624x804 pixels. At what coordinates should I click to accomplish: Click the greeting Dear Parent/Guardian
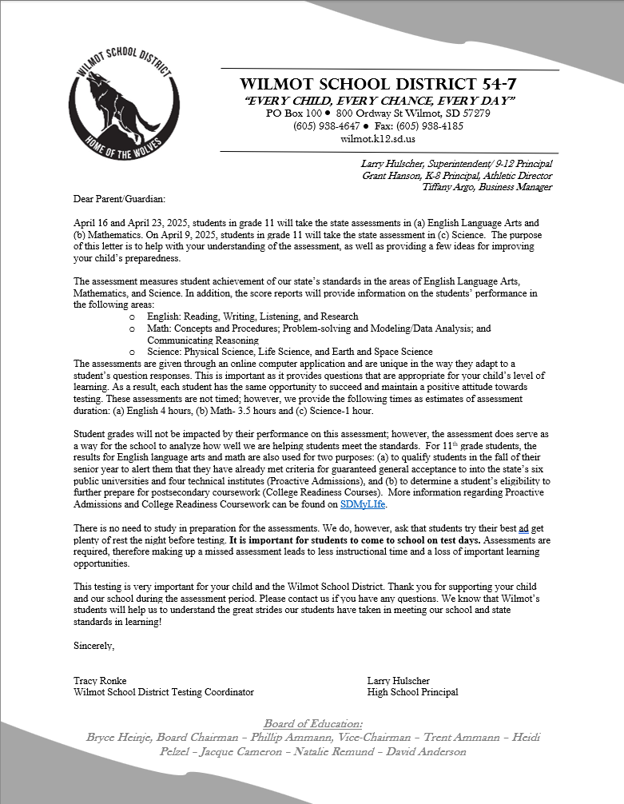(x=118, y=199)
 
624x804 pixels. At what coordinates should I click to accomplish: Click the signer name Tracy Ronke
(x=100, y=681)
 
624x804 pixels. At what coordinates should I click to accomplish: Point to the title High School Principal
(x=412, y=692)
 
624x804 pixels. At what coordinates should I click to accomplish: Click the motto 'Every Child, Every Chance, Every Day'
(x=380, y=100)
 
